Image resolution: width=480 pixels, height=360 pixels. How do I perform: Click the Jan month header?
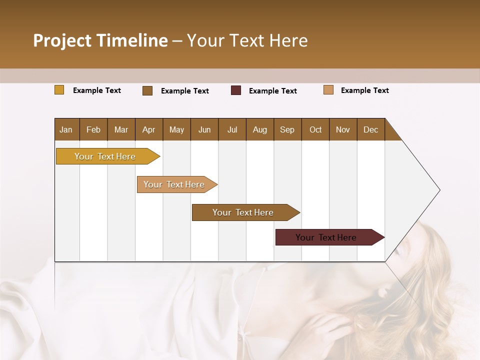(x=66, y=129)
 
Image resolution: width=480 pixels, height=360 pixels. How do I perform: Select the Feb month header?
(x=93, y=129)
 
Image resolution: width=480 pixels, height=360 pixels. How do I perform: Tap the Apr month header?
(x=148, y=129)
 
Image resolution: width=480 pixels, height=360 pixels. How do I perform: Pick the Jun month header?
(x=204, y=129)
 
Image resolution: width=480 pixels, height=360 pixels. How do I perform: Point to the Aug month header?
(x=259, y=129)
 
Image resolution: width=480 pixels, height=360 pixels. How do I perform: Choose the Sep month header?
(x=287, y=129)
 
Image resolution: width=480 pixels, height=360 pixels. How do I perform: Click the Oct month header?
(x=315, y=129)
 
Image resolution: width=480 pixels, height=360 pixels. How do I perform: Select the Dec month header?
(x=370, y=129)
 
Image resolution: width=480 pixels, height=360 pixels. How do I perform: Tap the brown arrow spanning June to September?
(x=243, y=212)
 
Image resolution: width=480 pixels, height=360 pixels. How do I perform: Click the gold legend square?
(x=59, y=90)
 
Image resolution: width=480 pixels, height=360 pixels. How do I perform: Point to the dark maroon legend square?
(x=236, y=90)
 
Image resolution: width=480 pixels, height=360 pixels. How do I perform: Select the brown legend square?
(x=147, y=90)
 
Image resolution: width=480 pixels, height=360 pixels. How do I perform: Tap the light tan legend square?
(x=328, y=90)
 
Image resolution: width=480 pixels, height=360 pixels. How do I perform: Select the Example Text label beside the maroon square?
(x=272, y=91)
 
